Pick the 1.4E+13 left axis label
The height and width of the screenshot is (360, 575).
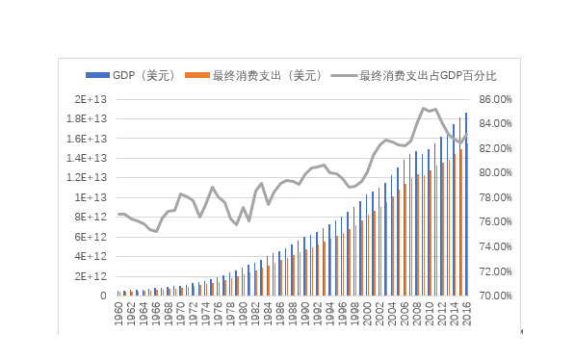[x=86, y=139]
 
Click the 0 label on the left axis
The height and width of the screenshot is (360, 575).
[x=101, y=296]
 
